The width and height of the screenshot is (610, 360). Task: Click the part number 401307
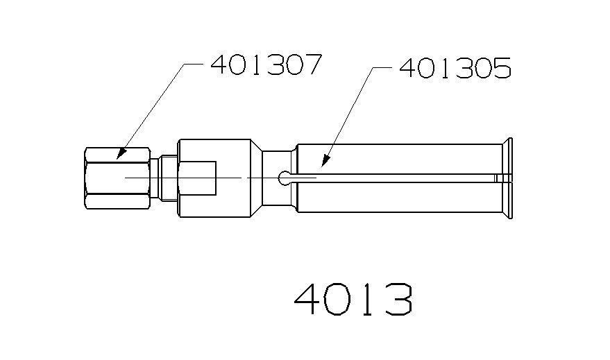pyautogui.click(x=266, y=65)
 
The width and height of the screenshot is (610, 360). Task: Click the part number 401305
pyautogui.click(x=455, y=69)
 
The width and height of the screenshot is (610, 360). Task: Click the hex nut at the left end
pyautogui.click(x=117, y=178)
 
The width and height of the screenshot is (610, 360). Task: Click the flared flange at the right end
pyautogui.click(x=509, y=178)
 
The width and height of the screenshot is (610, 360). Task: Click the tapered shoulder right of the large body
pyautogui.click(x=255, y=178)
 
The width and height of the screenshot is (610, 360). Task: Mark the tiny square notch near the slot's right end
pyautogui.click(x=497, y=178)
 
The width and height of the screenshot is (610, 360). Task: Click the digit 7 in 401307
pyautogui.click(x=312, y=65)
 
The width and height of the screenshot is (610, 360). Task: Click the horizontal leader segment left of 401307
pyautogui.click(x=196, y=64)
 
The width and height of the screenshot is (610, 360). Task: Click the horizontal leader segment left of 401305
pyautogui.click(x=382, y=68)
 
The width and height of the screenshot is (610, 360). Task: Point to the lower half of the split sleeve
pyautogui.click(x=399, y=198)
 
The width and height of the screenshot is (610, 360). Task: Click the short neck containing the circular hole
pyautogui.click(x=278, y=194)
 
